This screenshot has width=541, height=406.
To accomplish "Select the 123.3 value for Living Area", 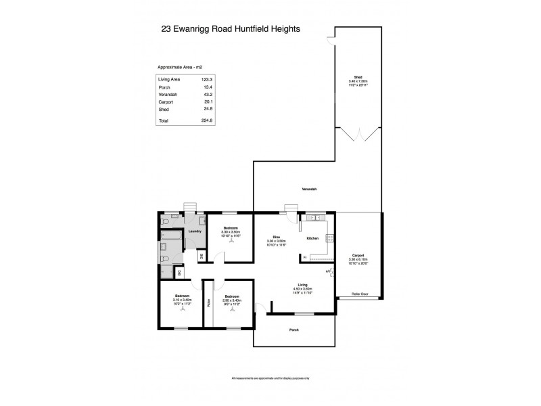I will click(210, 80).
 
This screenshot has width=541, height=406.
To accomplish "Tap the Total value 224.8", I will click(206, 120).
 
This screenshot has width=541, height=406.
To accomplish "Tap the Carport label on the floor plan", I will click(358, 255).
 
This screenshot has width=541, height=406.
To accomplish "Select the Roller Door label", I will click(359, 294).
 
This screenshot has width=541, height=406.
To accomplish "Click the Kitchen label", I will click(312, 238).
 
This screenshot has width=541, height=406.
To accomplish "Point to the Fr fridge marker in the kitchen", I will click(305, 257).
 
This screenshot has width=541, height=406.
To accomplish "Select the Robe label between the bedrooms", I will click(209, 302).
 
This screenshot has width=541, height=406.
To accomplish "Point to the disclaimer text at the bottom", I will click(270, 378).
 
